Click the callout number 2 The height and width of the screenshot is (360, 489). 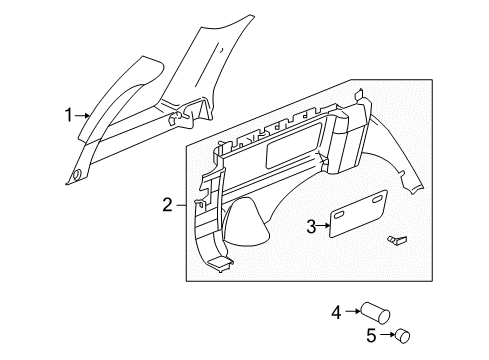(x=167, y=206)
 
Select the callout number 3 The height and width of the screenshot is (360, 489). (x=311, y=228)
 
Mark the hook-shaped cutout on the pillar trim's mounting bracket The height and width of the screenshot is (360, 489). (x=181, y=119)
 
